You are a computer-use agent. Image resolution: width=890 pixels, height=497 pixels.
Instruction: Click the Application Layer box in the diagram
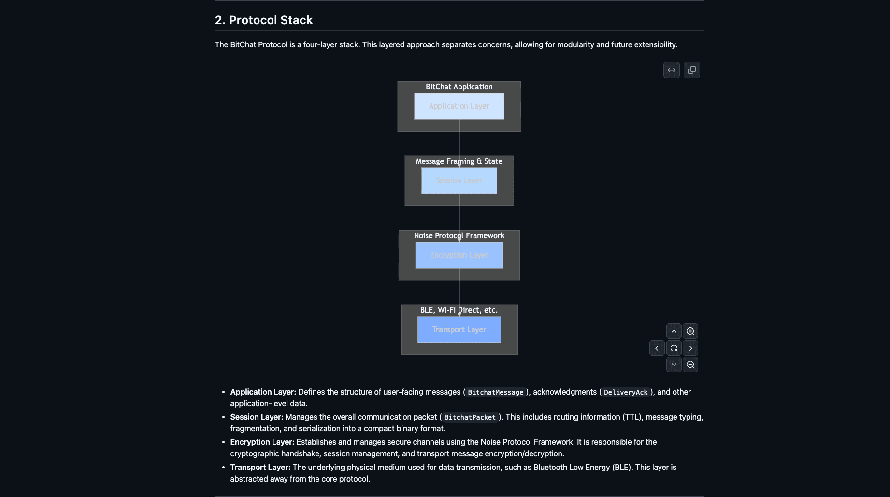tap(459, 106)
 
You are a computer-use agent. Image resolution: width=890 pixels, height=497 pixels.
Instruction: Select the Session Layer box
tap(459, 181)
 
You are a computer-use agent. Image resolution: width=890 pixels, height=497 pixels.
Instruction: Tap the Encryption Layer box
tap(459, 255)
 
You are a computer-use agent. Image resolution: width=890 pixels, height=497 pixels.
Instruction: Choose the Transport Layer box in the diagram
tap(459, 330)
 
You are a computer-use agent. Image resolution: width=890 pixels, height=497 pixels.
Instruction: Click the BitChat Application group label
tap(459, 87)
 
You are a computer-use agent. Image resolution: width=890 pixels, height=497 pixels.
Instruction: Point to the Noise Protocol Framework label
tap(459, 236)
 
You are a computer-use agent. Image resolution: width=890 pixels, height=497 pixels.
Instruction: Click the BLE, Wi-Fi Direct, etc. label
tap(459, 310)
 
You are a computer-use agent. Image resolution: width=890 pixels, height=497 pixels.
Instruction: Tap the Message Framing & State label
tap(459, 161)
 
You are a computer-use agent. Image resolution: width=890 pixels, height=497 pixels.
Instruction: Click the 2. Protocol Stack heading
tap(264, 20)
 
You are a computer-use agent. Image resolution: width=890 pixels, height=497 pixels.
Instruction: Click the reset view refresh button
tap(674, 348)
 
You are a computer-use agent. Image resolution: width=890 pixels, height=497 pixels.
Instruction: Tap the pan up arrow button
tap(674, 331)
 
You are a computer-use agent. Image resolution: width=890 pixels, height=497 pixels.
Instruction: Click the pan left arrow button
tap(657, 348)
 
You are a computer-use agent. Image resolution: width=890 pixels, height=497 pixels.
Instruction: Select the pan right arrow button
tap(690, 348)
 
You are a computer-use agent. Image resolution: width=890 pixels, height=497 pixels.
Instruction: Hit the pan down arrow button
tap(674, 365)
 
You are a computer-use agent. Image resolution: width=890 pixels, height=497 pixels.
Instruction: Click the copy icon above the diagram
tap(692, 70)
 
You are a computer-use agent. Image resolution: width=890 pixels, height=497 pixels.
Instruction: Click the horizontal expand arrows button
tap(672, 70)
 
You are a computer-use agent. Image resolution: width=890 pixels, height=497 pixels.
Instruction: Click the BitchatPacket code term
tap(470, 417)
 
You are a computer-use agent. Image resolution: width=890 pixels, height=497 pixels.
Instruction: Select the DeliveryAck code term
tap(626, 392)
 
